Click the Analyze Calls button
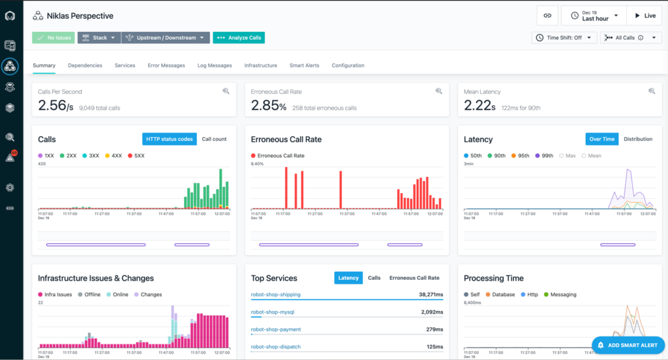pos(239,38)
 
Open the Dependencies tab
pos(85,65)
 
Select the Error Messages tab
pos(166,65)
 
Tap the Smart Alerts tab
pos(305,65)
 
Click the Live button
pos(644,16)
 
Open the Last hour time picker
pos(594,16)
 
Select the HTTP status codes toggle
pos(169,139)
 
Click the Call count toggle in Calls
pos(214,139)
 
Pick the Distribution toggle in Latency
pos(637,139)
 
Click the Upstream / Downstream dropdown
pos(166,38)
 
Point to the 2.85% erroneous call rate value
pos(269,106)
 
